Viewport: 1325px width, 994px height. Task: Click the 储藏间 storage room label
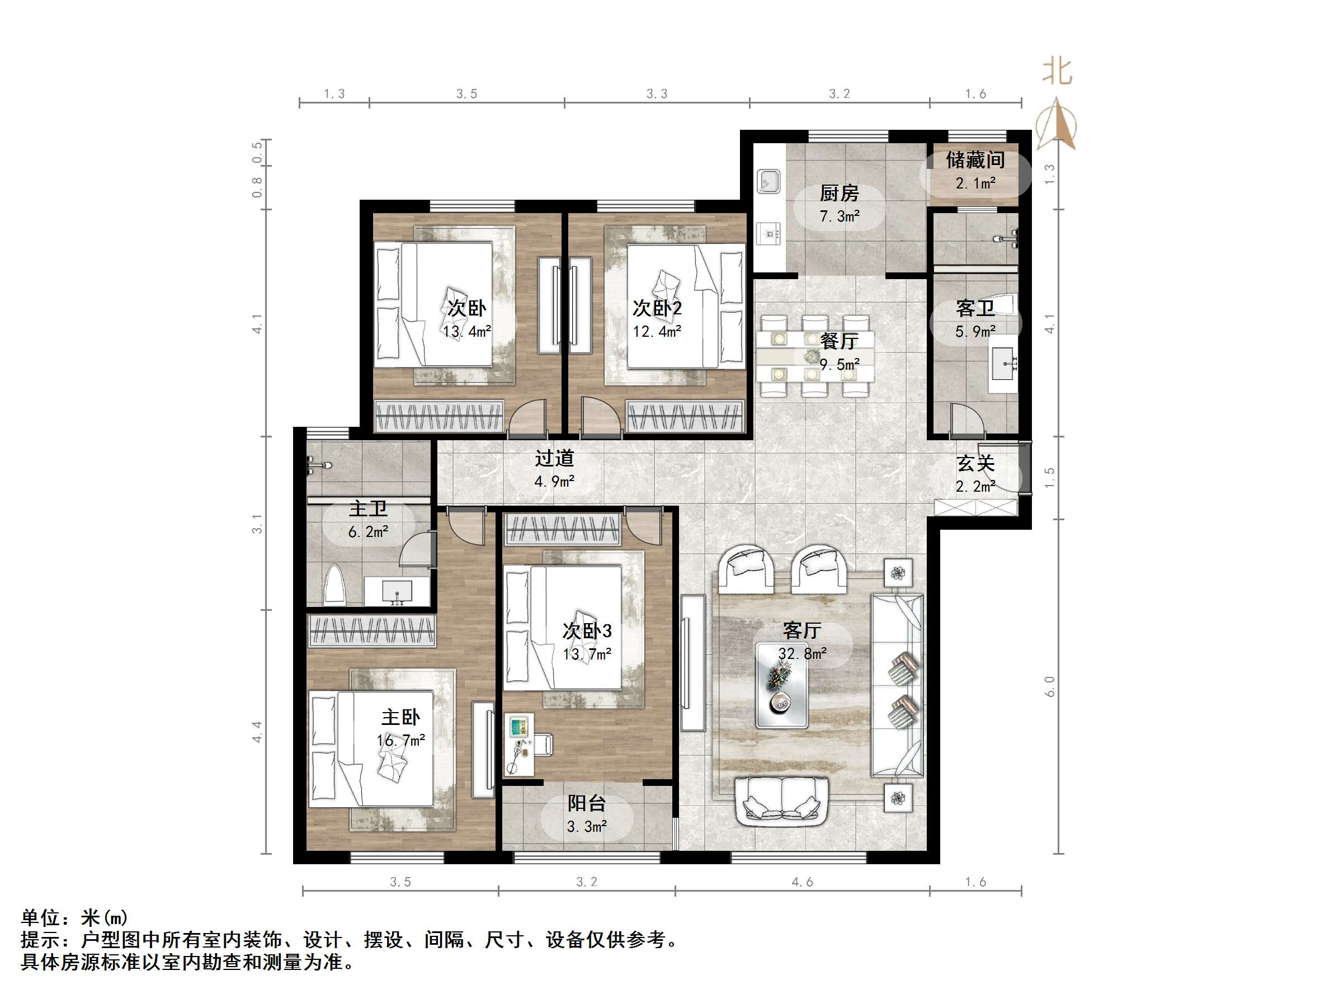tap(975, 160)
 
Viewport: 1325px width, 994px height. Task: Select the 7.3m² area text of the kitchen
tap(840, 216)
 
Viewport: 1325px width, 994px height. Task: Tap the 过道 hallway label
tap(554, 458)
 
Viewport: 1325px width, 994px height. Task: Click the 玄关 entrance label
tap(975, 463)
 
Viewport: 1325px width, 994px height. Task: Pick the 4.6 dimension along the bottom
tap(802, 882)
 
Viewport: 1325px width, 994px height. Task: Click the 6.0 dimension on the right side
tap(1049, 687)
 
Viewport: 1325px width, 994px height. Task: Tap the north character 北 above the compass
tap(1057, 71)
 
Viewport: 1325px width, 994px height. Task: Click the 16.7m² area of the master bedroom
tap(400, 741)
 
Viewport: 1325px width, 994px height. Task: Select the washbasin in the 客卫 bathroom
tap(1003, 362)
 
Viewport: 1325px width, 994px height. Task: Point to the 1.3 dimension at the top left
tap(334, 93)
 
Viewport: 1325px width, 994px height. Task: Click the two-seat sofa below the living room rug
tap(782, 799)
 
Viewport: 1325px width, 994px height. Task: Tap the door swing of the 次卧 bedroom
tap(527, 417)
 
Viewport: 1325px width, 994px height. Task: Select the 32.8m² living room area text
tap(802, 654)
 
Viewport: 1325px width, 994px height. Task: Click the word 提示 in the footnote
tap(41, 940)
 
